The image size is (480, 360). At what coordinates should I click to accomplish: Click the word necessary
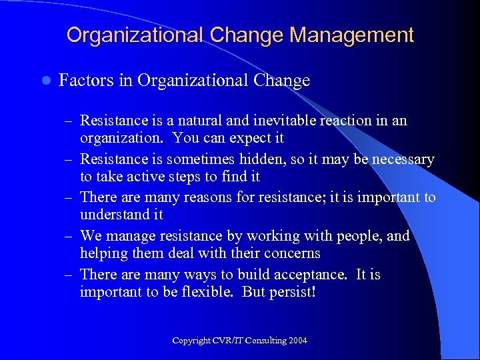click(x=399, y=159)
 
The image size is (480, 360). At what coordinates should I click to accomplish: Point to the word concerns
click(x=290, y=253)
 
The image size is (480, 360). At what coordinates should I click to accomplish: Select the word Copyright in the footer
click(x=191, y=341)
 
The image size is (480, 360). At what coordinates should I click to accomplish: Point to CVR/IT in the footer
click(x=227, y=341)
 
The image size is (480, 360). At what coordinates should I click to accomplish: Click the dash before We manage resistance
click(x=68, y=237)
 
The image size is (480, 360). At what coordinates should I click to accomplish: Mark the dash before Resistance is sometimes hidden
click(x=68, y=160)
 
